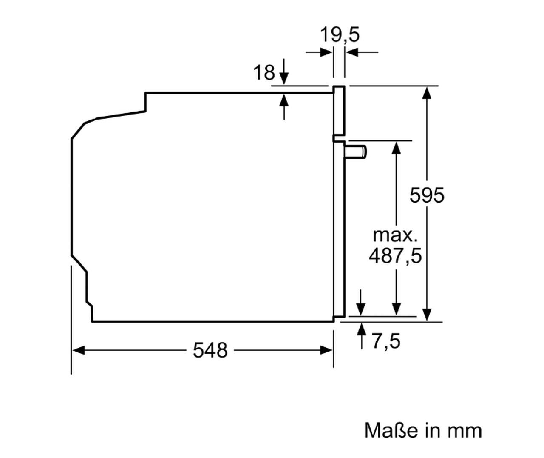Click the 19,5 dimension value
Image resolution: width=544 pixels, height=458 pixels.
coord(340,35)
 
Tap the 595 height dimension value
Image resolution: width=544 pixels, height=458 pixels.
coord(427,195)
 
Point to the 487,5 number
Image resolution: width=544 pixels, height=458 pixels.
coord(395,256)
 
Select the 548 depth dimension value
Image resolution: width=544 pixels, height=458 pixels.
coord(210,350)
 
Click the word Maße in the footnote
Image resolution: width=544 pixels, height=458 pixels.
coord(391,431)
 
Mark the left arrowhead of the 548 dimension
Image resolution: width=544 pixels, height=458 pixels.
coord(78,350)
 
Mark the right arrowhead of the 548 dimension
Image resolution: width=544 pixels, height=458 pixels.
coord(326,350)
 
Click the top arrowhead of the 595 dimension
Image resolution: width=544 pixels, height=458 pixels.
coord(427,93)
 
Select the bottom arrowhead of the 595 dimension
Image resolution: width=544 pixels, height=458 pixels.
coord(427,314)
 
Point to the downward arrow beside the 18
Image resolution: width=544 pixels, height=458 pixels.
coord(284,72)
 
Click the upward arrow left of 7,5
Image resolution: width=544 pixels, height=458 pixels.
coord(361,336)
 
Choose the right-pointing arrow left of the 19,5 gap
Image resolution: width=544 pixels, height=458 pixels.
coord(320,52)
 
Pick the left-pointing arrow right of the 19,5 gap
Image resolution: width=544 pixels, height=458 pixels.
coord(362,52)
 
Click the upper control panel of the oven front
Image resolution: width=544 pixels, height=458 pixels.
coord(339,110)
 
